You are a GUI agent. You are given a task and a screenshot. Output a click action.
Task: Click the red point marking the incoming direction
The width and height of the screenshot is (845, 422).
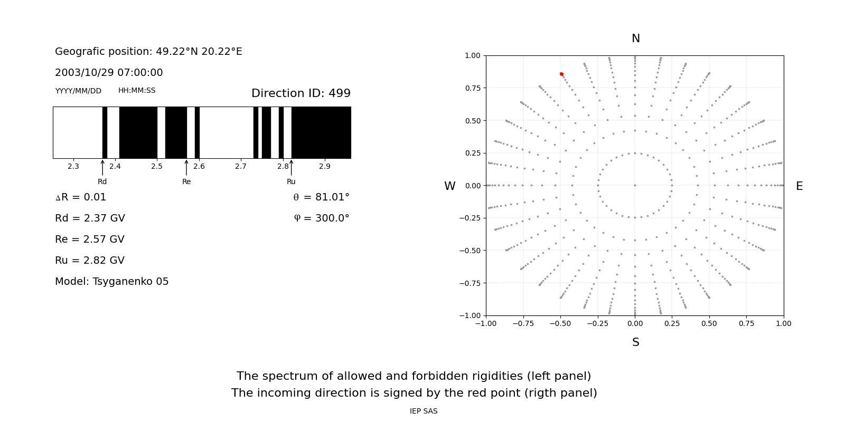tap(561, 74)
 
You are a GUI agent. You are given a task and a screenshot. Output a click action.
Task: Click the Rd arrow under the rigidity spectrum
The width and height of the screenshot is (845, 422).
tap(102, 168)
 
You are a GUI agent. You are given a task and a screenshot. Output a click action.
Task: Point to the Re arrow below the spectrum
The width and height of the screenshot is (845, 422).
tap(186, 168)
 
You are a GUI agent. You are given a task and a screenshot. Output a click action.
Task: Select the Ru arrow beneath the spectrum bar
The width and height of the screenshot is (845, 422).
tap(291, 168)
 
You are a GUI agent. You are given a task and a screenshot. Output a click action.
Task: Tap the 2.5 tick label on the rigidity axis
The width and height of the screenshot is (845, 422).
tap(157, 166)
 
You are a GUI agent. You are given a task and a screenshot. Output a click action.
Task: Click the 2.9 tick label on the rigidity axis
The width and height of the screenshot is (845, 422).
tap(325, 166)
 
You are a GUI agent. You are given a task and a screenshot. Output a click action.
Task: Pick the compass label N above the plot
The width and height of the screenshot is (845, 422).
tap(635, 39)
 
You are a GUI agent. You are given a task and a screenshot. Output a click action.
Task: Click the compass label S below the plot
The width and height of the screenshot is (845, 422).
tap(635, 342)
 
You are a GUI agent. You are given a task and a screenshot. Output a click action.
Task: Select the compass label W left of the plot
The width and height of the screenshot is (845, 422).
tap(449, 186)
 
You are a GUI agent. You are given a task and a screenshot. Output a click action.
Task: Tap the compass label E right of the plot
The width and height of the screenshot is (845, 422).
tap(799, 186)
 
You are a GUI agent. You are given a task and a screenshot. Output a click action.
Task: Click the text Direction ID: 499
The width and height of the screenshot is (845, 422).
tap(301, 93)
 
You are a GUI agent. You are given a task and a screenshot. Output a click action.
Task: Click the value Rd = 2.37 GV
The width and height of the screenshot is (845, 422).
tap(90, 218)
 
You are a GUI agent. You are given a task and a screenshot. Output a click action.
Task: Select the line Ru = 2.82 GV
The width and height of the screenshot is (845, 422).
tap(90, 261)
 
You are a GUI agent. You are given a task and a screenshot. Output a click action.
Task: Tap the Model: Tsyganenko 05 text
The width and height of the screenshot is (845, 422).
tap(111, 282)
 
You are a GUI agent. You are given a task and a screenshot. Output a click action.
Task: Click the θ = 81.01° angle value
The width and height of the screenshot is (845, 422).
tap(321, 197)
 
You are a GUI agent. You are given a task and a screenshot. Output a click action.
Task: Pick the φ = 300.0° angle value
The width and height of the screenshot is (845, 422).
tap(321, 218)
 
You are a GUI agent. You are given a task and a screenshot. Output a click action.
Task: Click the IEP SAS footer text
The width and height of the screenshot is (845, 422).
tap(423, 411)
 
